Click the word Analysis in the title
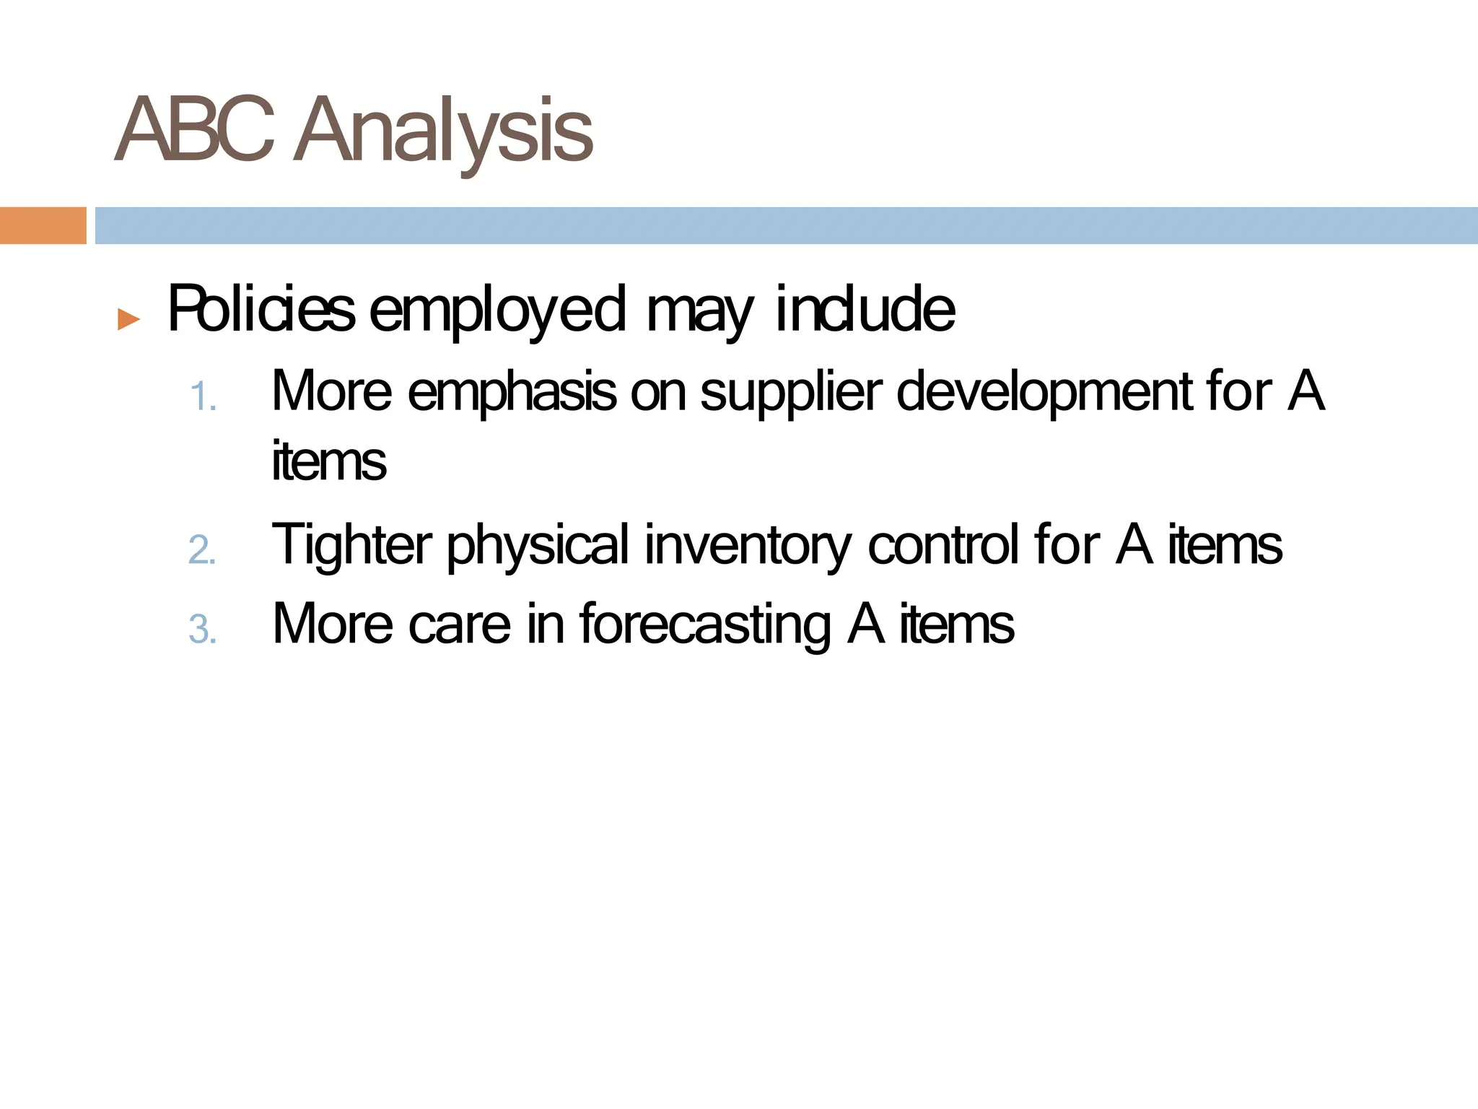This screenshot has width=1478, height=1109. tap(443, 132)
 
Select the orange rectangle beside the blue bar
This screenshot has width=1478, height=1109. tap(43, 225)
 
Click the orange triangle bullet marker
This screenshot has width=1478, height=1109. tap(128, 318)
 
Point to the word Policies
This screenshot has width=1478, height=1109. tap(261, 310)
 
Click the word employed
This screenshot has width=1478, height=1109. tap(497, 311)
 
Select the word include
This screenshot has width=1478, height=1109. tap(865, 310)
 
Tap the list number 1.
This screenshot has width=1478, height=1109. tap(202, 398)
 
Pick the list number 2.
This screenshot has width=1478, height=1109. tap(202, 550)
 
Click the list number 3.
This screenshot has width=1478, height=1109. tap(202, 630)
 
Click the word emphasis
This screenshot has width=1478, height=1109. tap(512, 392)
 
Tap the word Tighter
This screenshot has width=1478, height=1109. tap(352, 546)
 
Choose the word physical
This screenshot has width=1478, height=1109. tap(538, 546)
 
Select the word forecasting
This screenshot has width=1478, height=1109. tap(705, 625)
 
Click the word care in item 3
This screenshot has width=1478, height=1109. tap(460, 624)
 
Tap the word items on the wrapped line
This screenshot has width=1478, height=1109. tap(329, 461)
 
